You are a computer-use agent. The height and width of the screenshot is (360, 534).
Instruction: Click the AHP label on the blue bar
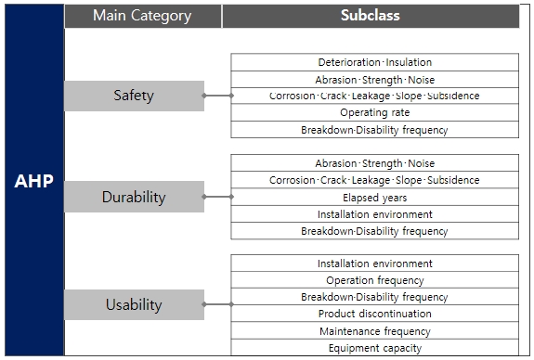point(33,182)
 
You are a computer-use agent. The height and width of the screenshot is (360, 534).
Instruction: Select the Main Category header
point(142,16)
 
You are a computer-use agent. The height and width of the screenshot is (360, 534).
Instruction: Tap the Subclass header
point(371,16)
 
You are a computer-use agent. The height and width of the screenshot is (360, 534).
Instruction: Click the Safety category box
point(134,96)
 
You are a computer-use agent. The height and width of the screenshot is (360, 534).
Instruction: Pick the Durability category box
point(134,197)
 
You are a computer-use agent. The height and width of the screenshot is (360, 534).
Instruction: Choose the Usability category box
point(134,304)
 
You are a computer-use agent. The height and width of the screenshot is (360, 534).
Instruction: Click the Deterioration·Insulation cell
point(374,62)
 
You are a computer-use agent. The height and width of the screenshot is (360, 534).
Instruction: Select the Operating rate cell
point(374,113)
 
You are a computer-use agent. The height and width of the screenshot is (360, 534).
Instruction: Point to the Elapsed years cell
point(374,197)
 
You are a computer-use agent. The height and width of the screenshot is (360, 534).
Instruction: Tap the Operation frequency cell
point(374,280)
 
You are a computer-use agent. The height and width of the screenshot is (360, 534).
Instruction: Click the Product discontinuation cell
point(374,315)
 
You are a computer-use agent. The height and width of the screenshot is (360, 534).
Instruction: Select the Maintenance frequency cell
point(374,331)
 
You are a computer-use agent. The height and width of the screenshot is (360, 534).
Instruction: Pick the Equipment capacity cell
point(374,348)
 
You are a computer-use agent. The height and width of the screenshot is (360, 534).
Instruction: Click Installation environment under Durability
point(374,214)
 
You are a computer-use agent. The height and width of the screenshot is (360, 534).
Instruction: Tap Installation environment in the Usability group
point(374,264)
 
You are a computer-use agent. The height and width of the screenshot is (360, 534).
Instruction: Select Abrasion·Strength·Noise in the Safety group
point(374,79)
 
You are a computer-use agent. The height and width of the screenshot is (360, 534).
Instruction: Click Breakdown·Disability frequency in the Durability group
point(374,231)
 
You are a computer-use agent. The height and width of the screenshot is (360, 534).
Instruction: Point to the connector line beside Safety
point(217,96)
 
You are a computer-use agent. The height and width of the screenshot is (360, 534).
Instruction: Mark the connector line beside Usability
point(217,304)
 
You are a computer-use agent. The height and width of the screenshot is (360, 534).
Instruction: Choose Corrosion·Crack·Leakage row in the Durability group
point(374,180)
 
